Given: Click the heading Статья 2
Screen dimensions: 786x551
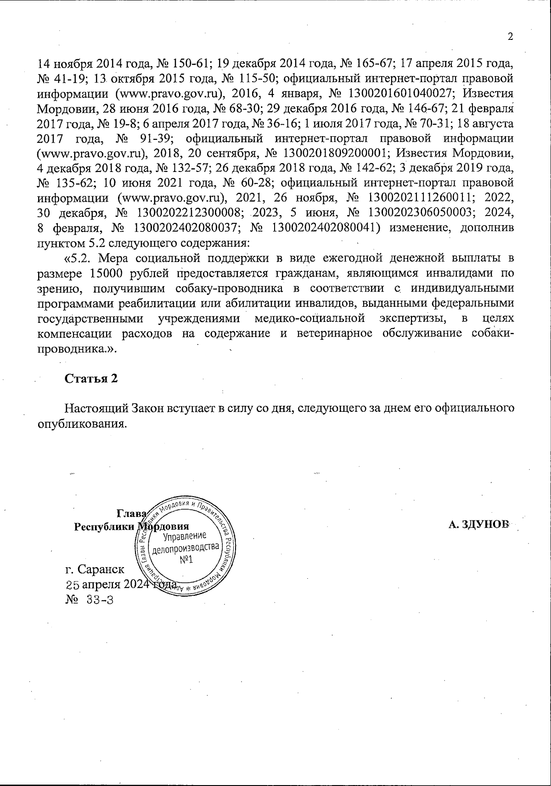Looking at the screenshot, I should (x=91, y=378).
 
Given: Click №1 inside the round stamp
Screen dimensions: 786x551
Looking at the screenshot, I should (x=186, y=560).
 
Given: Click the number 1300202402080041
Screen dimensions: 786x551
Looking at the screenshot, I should (x=326, y=228).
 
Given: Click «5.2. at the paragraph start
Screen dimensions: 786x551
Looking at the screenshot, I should (x=80, y=258).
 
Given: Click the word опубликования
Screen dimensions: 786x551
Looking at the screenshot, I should (x=81, y=423).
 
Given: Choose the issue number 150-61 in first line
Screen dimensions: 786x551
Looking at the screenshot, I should (x=191, y=64).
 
